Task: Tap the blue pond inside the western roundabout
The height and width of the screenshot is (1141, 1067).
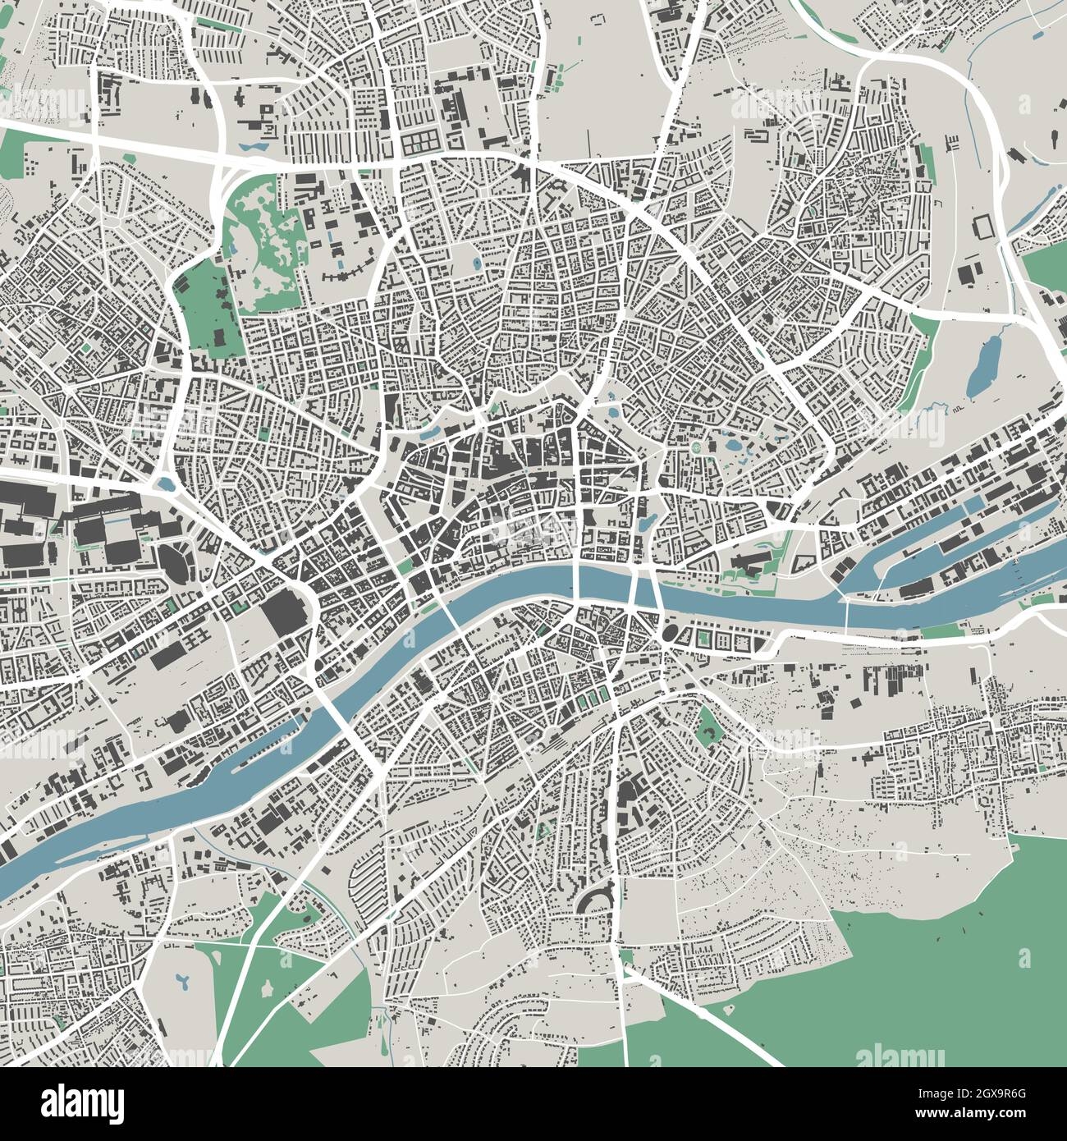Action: [168, 484]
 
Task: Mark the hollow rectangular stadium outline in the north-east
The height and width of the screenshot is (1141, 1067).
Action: [982, 227]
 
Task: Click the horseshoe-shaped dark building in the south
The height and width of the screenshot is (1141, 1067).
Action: [596, 900]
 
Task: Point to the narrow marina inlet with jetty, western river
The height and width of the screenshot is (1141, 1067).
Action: [263, 747]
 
